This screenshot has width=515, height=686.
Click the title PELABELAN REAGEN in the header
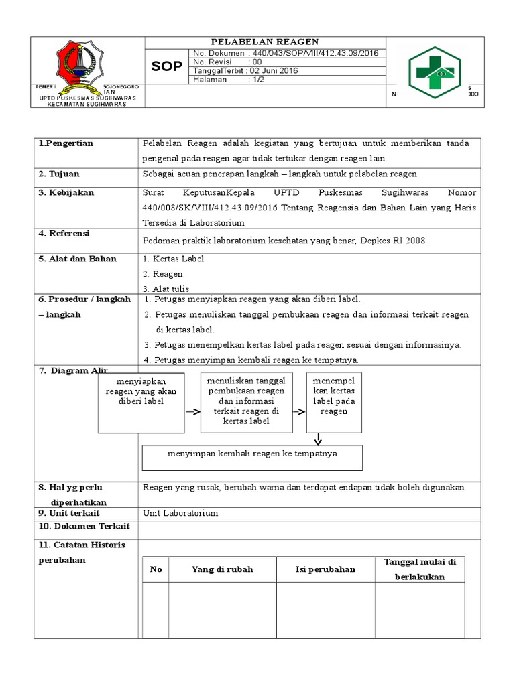pyautogui.click(x=265, y=42)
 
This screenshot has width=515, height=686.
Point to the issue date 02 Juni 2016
pyautogui.click(x=274, y=70)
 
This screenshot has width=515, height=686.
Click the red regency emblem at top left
pyautogui.click(x=79, y=66)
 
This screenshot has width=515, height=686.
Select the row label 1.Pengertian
pyautogui.click(x=66, y=143)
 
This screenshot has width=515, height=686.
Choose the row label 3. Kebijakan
pyautogui.click(x=66, y=193)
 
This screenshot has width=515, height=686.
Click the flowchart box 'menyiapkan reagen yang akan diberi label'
pyautogui.click(x=141, y=403)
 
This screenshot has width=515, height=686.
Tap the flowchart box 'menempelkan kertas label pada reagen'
pyautogui.click(x=333, y=403)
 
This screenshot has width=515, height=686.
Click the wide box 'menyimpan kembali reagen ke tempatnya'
pyautogui.click(x=252, y=458)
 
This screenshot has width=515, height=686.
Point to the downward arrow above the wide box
pyautogui.click(x=318, y=439)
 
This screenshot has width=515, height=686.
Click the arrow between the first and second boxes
pyautogui.click(x=192, y=411)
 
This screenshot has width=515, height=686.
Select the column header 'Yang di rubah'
pyautogui.click(x=222, y=569)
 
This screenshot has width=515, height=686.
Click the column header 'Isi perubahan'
pyautogui.click(x=325, y=569)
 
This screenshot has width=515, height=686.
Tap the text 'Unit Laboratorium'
pyautogui.click(x=180, y=513)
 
